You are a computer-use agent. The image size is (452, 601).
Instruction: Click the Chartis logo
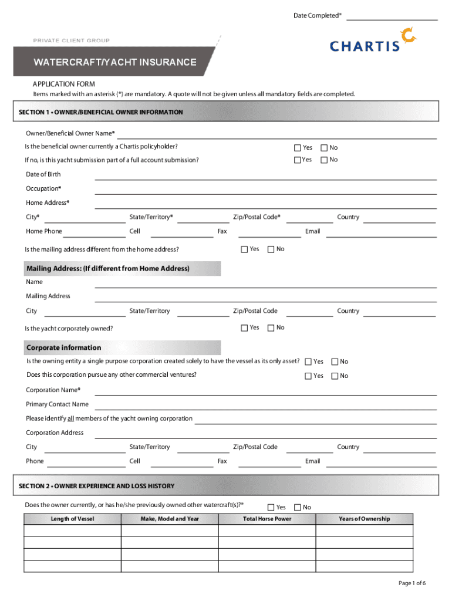point(373,40)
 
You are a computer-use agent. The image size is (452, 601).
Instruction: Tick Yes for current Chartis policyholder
point(298,147)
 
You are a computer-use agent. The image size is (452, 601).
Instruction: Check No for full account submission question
point(323,160)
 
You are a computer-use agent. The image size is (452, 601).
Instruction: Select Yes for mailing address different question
point(245,249)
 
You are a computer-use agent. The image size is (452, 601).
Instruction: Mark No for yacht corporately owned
point(271,327)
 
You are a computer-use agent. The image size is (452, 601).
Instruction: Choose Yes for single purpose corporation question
point(308,362)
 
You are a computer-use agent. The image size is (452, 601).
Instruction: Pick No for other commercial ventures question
point(335,376)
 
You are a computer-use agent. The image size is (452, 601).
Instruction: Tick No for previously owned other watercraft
point(297,507)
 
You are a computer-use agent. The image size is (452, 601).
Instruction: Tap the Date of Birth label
point(43,174)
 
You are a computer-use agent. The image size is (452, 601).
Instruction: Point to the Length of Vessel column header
point(72,519)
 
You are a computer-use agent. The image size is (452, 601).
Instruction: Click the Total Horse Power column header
point(267,519)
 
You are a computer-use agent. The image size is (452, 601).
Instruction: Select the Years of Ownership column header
point(364,519)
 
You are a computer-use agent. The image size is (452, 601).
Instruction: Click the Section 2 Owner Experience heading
point(97,486)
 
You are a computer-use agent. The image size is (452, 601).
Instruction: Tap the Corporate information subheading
point(63,347)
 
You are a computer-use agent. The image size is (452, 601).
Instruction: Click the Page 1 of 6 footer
point(411,583)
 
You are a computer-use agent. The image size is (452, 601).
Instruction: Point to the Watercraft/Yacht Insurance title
point(114,62)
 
